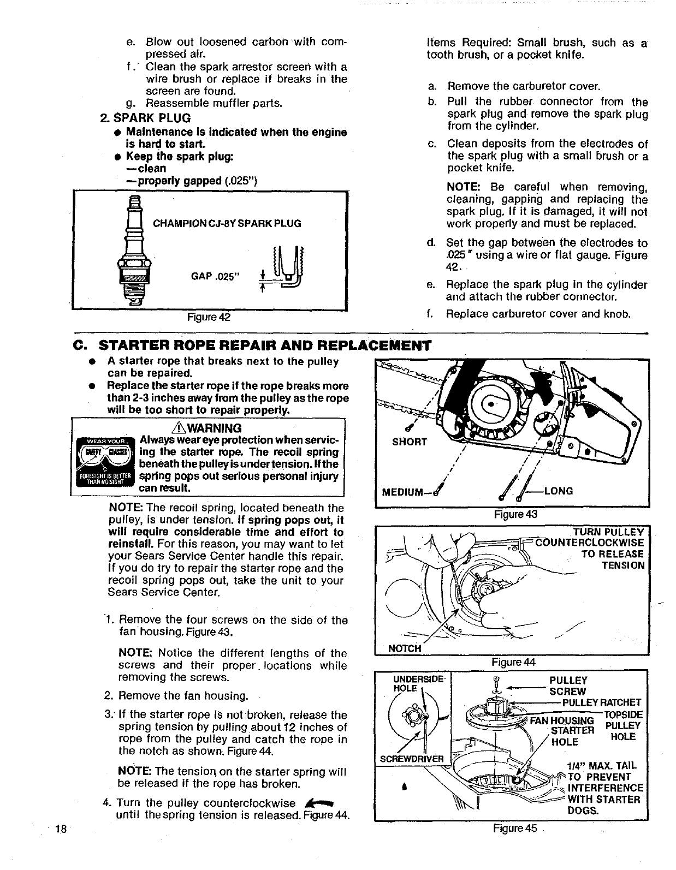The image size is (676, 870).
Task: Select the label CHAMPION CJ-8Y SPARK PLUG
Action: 227,224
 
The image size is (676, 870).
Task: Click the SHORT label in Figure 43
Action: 410,442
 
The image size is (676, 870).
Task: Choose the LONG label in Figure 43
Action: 558,491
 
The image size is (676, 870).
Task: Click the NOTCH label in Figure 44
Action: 404,648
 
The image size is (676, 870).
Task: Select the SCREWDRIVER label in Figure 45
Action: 412,759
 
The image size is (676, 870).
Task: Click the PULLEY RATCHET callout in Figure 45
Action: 602,702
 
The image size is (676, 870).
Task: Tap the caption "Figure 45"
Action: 515,828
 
